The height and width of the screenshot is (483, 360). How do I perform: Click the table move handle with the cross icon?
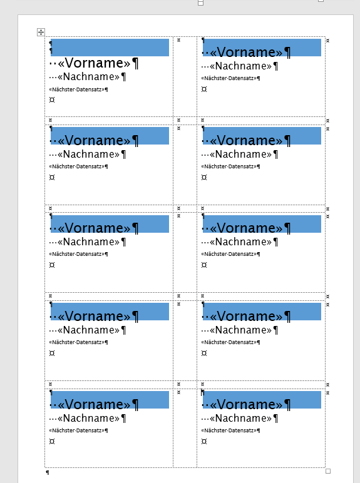coord(41,32)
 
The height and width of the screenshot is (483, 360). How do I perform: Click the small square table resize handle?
coord(328,471)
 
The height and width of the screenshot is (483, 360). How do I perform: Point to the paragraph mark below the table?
coord(48,472)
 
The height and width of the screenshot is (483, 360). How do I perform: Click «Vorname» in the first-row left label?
coord(94,63)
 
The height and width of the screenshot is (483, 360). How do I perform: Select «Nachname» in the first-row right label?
coord(240,66)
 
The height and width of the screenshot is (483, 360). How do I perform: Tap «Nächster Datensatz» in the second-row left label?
coord(77,166)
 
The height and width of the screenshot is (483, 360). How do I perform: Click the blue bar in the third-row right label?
coord(262,224)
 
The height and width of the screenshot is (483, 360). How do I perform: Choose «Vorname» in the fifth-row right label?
coord(246,404)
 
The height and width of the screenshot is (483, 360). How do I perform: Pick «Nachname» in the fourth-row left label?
coord(88,330)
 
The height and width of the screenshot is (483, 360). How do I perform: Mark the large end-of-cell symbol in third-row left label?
coord(52,265)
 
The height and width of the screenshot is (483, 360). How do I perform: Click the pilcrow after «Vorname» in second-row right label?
coord(287,141)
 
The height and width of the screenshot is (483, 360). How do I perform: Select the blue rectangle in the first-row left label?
coord(110,48)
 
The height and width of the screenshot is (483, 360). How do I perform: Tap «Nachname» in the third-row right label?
coord(240,241)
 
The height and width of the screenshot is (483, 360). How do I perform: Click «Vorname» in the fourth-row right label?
coord(246,316)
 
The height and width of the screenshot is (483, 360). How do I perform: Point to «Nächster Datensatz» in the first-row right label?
coord(229,78)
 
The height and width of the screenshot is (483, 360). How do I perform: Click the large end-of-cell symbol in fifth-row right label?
coord(204,442)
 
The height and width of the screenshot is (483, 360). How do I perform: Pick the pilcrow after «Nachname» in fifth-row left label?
coord(123,419)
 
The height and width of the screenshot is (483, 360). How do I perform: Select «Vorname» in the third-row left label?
coord(94,228)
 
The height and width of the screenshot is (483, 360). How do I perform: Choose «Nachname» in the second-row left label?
coord(88,154)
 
